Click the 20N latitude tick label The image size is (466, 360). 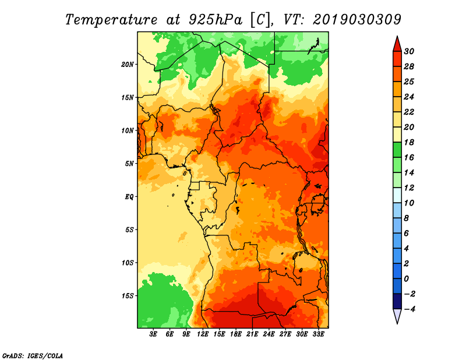127,65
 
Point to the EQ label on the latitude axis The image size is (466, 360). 129,197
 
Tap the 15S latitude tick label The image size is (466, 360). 128,296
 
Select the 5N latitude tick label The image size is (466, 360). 129,164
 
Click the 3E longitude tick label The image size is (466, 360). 153,334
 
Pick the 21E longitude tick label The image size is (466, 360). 252,334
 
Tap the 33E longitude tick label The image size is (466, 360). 318,334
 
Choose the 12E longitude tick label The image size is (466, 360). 203,334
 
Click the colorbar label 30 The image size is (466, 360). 409,51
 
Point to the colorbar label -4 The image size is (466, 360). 409,309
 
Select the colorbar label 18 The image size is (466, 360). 409,142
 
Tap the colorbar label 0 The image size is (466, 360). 406,279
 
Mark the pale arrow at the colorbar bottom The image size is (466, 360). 397,316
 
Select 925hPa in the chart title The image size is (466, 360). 216,20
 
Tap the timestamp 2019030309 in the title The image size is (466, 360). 357,20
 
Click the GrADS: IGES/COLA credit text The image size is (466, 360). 33,356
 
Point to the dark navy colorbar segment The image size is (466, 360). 397,301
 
